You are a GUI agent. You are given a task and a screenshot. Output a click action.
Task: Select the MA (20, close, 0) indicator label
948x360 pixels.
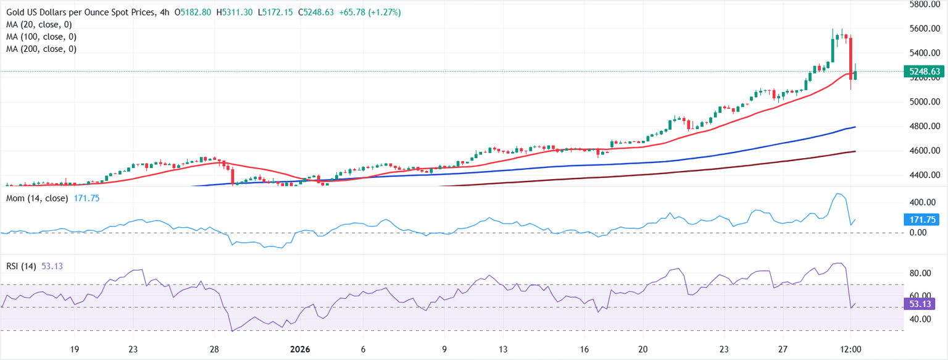pyautogui.click(x=38, y=25)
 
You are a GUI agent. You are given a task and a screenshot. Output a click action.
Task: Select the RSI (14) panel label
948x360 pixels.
pyautogui.click(x=20, y=266)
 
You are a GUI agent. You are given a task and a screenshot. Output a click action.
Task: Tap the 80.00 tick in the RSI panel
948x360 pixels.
pyautogui.click(x=923, y=273)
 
